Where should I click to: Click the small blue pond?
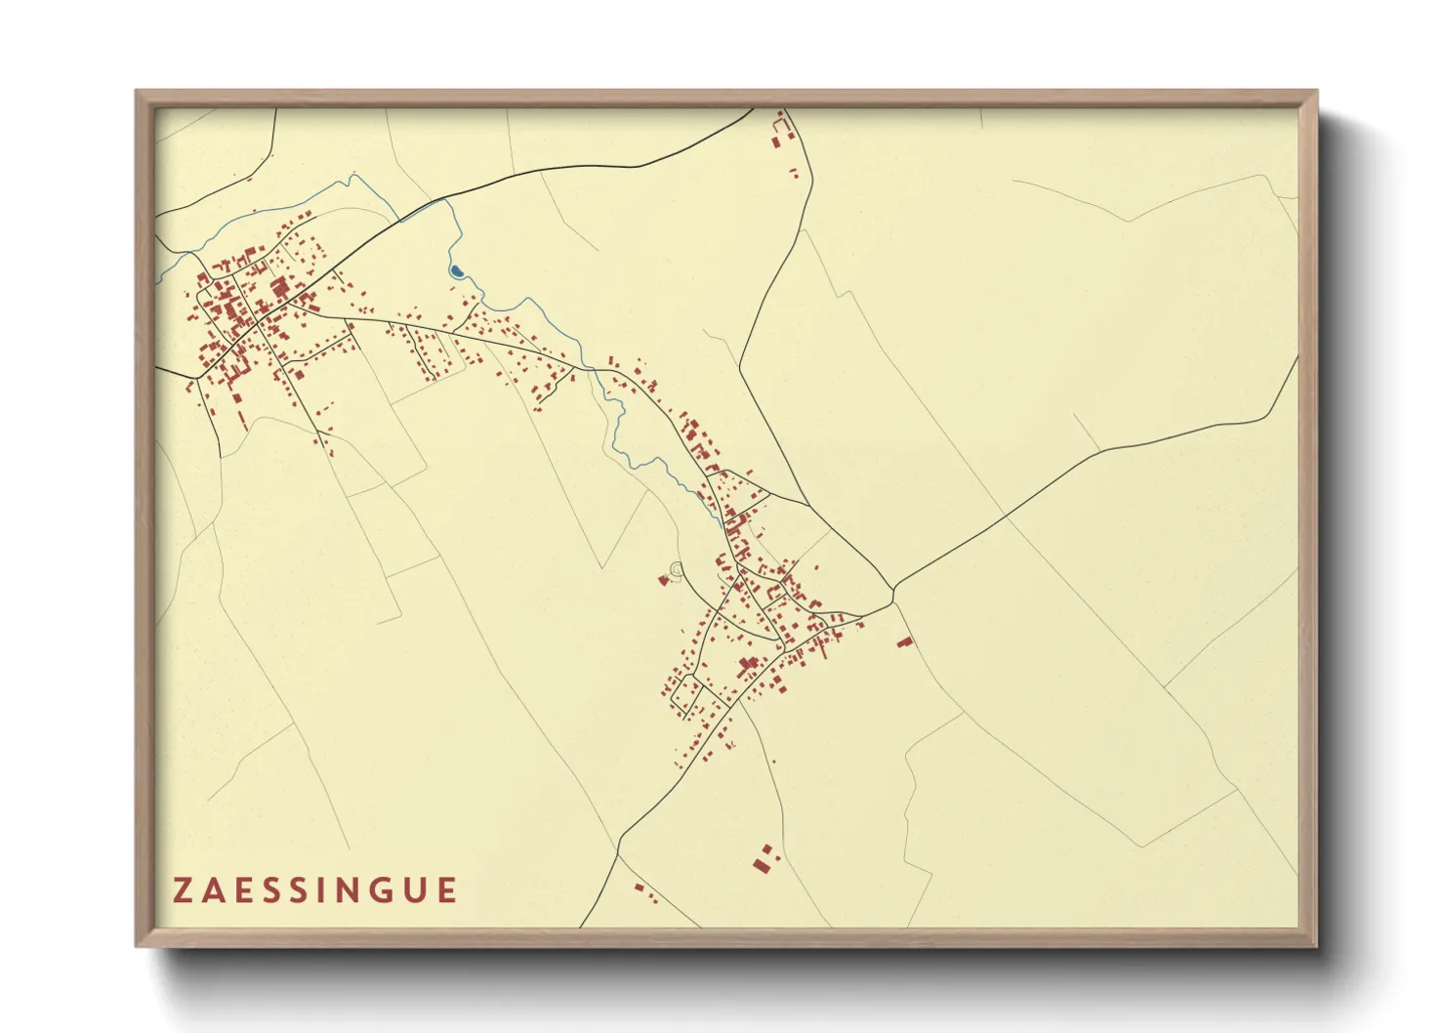click(455, 271)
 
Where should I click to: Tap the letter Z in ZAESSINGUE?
click(183, 890)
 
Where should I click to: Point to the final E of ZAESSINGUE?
click(447, 890)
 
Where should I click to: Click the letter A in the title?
click(214, 890)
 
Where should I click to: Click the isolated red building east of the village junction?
click(905, 642)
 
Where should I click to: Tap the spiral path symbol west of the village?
click(677, 568)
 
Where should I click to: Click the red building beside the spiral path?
click(664, 581)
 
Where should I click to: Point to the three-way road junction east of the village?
click(892, 588)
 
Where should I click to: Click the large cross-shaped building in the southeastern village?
click(750, 667)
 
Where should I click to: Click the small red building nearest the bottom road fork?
click(640, 888)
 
